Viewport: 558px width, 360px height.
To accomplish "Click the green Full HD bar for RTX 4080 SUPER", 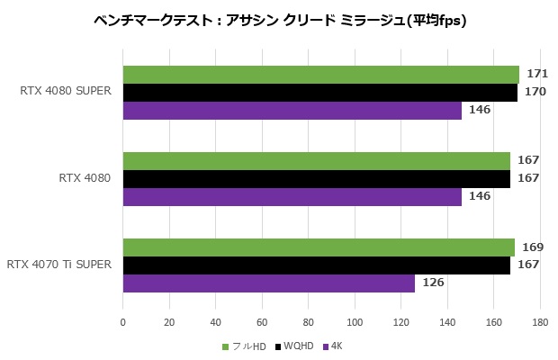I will [320, 75].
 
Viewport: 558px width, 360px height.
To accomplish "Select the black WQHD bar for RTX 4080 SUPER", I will [319, 93].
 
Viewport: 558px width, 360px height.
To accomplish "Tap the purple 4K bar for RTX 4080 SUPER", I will [292, 111].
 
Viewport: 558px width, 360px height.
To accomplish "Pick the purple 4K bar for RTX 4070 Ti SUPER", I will [268, 283].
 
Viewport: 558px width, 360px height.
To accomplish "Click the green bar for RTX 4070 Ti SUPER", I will [319, 247].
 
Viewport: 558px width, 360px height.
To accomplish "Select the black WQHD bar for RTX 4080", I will [316, 179].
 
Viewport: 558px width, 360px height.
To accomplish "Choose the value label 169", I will [533, 246].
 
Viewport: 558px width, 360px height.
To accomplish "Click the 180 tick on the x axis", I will [540, 320].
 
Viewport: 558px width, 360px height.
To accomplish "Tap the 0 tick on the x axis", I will [123, 320].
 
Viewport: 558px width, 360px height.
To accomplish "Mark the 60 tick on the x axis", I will [262, 320].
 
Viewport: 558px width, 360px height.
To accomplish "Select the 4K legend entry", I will [335, 346].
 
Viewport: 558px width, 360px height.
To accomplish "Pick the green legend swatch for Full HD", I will [225, 346].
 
